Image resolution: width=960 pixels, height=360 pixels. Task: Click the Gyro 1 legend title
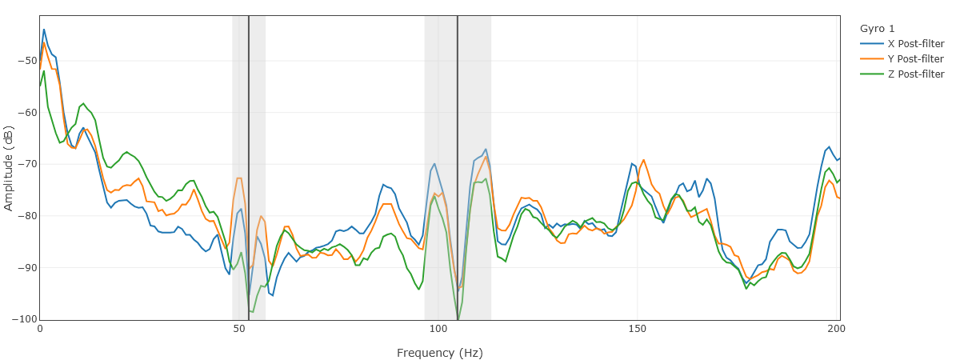(877, 28)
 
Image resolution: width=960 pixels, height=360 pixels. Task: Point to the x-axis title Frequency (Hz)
(439, 353)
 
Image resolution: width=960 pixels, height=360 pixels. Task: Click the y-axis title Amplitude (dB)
(9, 168)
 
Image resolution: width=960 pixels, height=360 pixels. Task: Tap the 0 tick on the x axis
(40, 329)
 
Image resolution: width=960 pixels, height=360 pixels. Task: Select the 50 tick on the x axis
(239, 329)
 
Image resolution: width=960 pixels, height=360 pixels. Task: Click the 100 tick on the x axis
(438, 329)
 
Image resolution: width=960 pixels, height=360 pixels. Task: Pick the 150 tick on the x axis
(638, 329)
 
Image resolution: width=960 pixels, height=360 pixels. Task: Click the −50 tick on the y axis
(26, 61)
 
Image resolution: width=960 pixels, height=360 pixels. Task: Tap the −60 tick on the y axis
(26, 112)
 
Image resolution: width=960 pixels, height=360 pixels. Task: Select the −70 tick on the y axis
(26, 164)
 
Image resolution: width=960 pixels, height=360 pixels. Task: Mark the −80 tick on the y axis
(26, 216)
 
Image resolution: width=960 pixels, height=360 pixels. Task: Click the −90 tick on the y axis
(26, 267)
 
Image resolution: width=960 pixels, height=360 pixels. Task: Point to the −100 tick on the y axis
(24, 319)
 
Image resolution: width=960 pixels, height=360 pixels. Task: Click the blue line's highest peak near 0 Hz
(44, 30)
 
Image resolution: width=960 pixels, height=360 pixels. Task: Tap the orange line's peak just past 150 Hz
(644, 160)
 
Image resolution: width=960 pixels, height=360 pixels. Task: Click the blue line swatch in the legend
(870, 43)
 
